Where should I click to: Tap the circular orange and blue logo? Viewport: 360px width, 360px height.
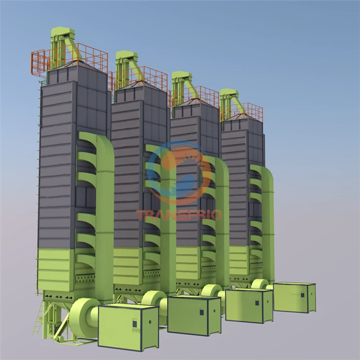179,173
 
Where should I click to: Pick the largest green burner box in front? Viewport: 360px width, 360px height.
128,325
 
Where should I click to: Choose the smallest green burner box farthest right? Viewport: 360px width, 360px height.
294,297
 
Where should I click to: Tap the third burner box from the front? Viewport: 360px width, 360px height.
249,305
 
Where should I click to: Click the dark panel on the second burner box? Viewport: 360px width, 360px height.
202,312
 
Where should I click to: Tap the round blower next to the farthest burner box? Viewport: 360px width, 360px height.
259,285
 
